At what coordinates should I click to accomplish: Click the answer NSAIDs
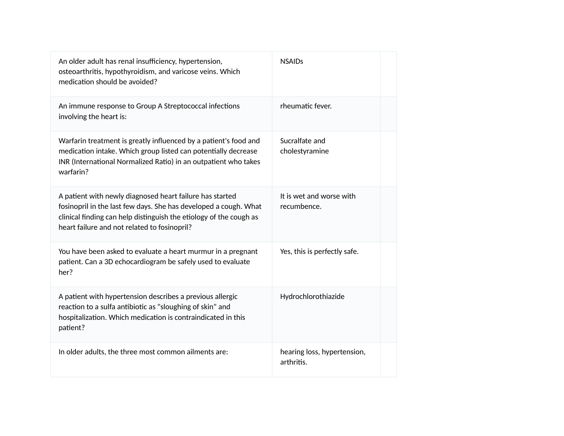pyautogui.click(x=292, y=62)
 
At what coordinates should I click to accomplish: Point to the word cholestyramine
pyautogui.click(x=304, y=151)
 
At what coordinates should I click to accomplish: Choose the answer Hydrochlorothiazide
pyautogui.click(x=312, y=297)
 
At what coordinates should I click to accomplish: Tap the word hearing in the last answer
pyautogui.click(x=292, y=352)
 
